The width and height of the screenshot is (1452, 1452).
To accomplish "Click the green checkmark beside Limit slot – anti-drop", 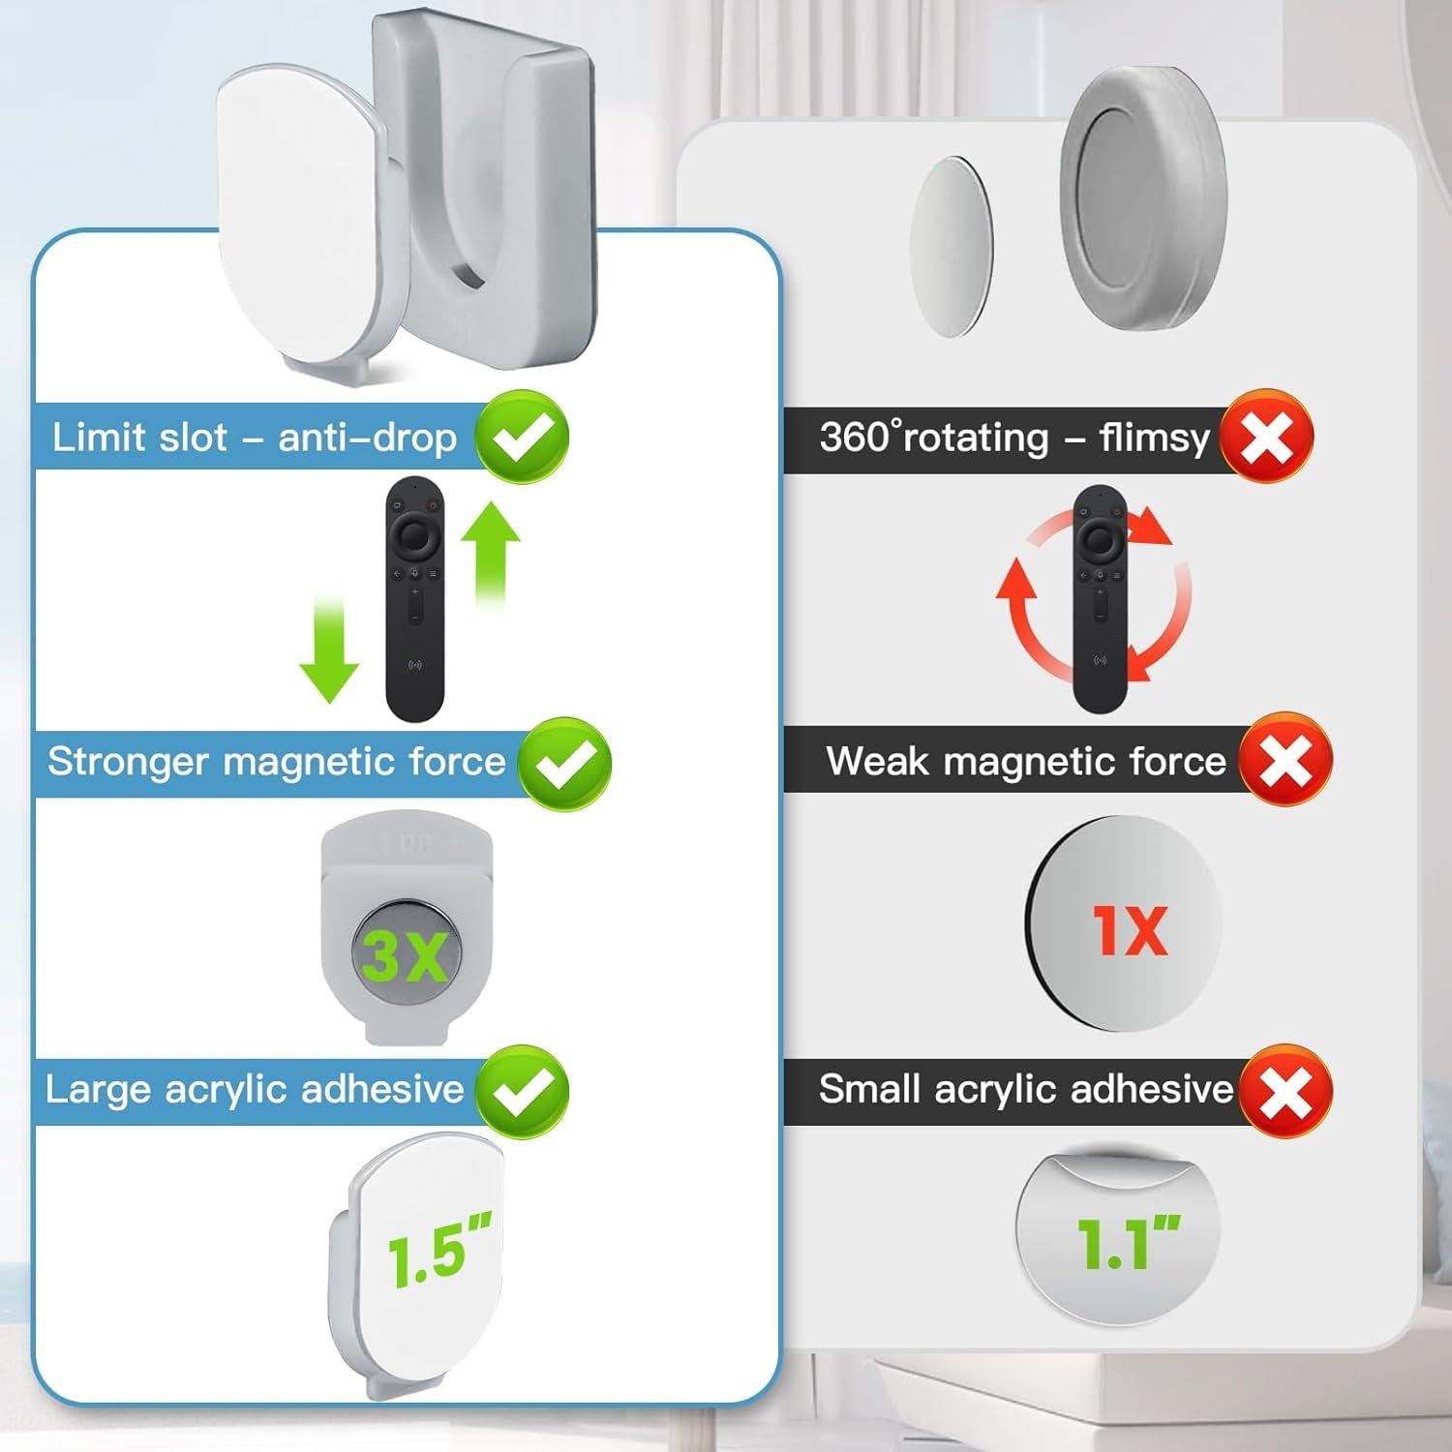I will tap(522, 438).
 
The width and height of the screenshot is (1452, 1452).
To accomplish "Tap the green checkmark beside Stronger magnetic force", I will tap(564, 764).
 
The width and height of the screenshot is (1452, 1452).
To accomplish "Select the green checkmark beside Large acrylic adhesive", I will tap(522, 1091).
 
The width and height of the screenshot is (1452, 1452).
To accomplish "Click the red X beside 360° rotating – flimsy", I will tap(1266, 437).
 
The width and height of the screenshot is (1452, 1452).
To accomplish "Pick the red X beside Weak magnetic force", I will tap(1286, 762).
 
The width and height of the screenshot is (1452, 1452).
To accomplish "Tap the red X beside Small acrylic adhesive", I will tap(1286, 1091).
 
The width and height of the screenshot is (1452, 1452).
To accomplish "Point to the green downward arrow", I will tap(329, 650).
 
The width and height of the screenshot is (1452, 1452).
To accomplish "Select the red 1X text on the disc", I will tap(1130, 930).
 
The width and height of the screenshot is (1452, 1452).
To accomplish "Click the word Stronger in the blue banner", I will tap(127, 762).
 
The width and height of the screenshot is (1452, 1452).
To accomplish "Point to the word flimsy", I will tap(1154, 439).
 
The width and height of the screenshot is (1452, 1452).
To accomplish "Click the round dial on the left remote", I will tap(415, 533).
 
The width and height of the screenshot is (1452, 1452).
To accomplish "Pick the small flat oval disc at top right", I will tap(952, 246).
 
